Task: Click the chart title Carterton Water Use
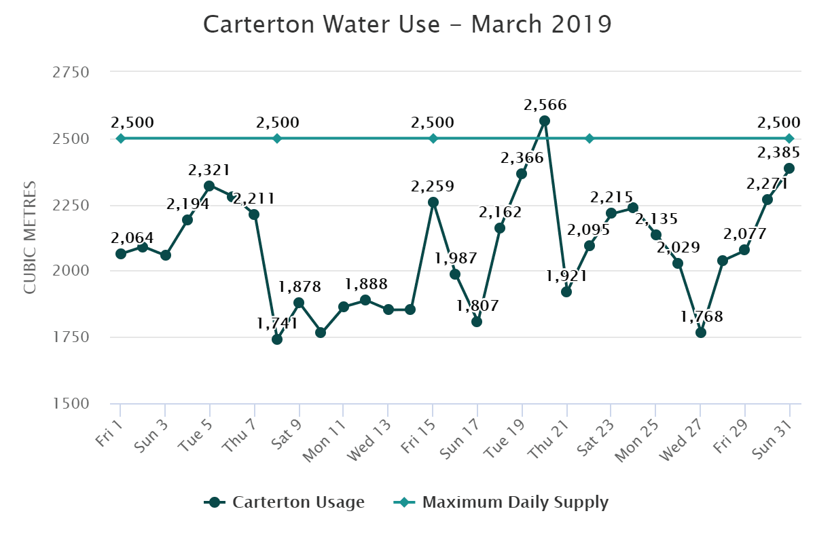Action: tap(407, 24)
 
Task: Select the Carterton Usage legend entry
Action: tap(285, 502)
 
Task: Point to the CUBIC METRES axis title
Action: tap(29, 238)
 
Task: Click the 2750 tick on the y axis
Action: tap(71, 73)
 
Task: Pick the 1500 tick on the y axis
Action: tap(71, 404)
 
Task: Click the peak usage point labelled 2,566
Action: tap(545, 121)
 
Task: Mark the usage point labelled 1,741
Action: tap(277, 339)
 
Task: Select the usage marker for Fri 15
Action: tap(433, 202)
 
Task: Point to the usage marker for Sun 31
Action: tap(789, 168)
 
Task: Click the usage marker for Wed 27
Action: tap(701, 333)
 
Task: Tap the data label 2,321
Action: tap(209, 170)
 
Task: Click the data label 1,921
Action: tap(566, 276)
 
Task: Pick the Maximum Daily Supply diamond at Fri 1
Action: tap(121, 138)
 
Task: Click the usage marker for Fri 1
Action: tap(121, 254)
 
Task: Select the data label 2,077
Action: tap(745, 234)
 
